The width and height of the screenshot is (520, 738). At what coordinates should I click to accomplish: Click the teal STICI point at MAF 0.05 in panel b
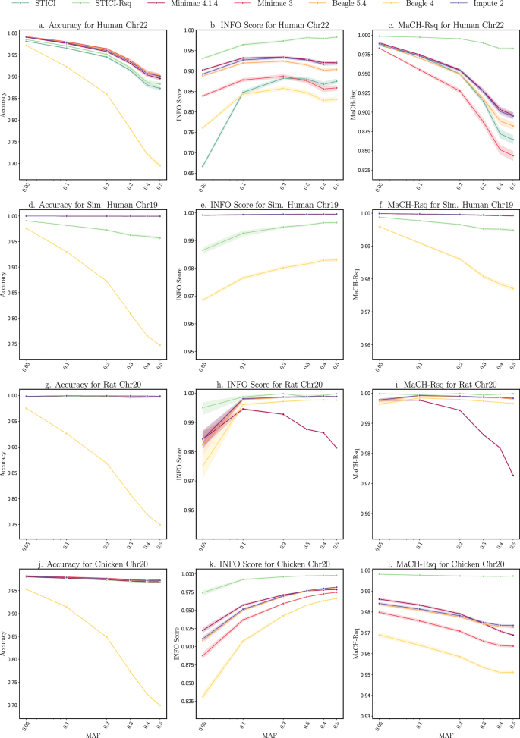pyautogui.click(x=203, y=166)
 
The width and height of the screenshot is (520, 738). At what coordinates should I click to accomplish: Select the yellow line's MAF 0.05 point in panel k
pyautogui.click(x=203, y=696)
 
